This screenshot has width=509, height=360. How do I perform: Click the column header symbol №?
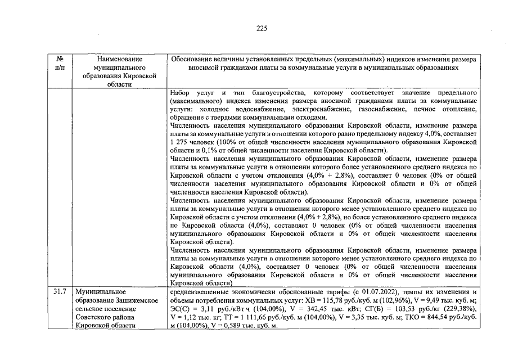coord(60,58)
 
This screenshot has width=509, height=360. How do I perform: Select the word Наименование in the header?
coord(120,58)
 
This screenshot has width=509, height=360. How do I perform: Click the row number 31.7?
coord(60,292)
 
